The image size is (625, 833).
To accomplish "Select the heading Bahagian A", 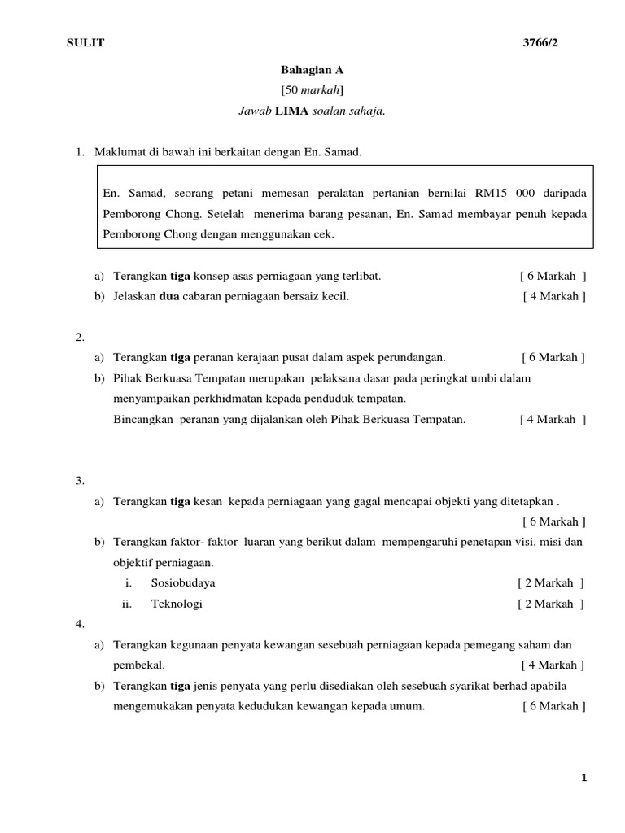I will [x=306, y=71].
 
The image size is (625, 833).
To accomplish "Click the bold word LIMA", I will [x=293, y=111].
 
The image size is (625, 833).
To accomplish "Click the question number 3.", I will [x=80, y=481].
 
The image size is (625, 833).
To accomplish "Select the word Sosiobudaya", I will [x=183, y=583].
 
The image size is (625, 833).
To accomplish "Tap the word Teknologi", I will [x=177, y=604].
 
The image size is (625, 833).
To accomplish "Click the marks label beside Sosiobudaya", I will [x=550, y=583].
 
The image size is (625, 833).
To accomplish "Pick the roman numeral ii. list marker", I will [x=126, y=604].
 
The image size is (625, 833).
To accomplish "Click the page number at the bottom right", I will [x=583, y=778].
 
